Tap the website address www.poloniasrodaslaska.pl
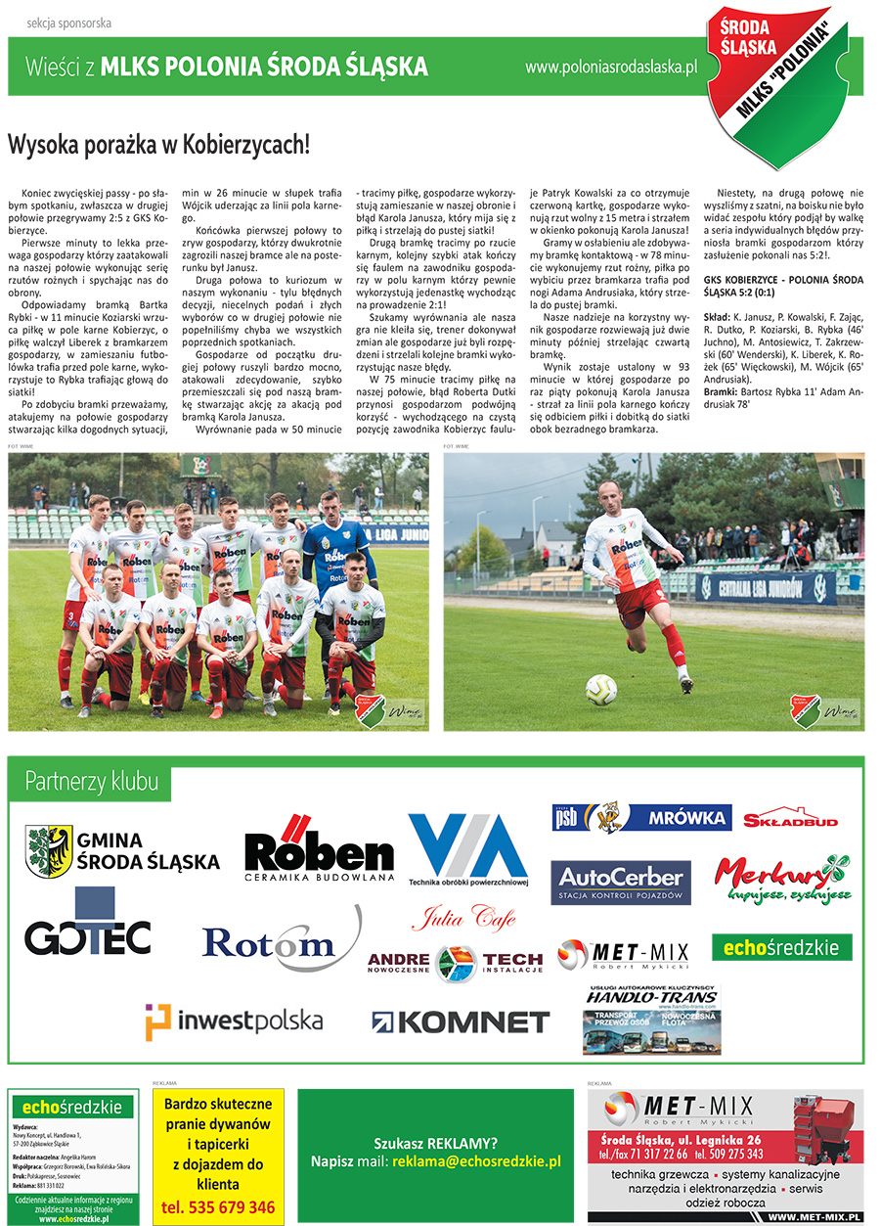[610, 68]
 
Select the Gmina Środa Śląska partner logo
[122, 851]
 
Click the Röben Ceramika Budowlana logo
[318, 851]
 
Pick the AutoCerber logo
[621, 883]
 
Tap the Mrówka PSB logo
[641, 817]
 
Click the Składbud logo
[790, 820]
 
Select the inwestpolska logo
[234, 1022]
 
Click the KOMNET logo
[460, 1022]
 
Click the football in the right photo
[600, 690]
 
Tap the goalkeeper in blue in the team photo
[335, 548]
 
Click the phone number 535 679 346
[218, 1207]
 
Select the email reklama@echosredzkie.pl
[476, 1161]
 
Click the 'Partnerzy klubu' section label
[92, 782]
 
